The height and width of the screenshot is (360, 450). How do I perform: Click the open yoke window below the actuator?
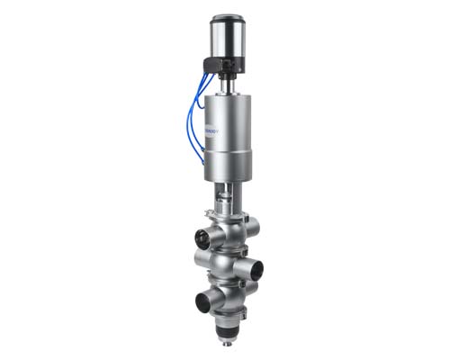(x=230, y=193)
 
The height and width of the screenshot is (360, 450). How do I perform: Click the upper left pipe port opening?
(x=202, y=240)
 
